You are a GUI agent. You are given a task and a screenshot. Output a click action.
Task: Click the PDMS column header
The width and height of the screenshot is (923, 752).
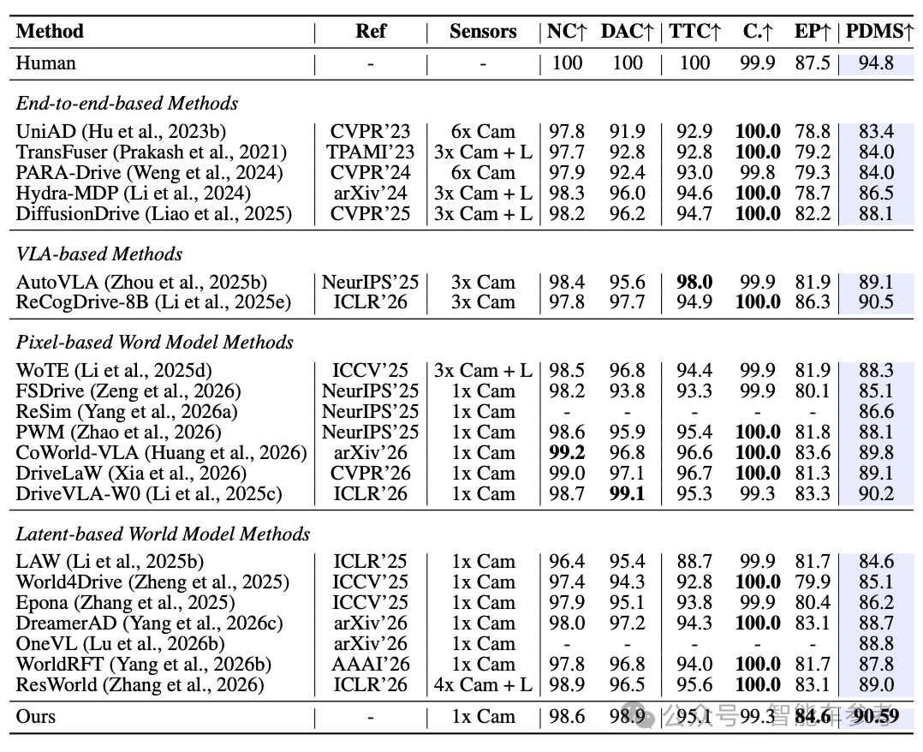[879, 31]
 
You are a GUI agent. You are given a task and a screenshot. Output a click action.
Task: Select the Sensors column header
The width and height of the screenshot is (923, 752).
[483, 31]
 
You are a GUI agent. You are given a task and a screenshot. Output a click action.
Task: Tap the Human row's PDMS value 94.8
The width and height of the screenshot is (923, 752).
[876, 63]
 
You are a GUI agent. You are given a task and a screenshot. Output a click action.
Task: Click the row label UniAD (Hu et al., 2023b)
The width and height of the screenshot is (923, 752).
[121, 131]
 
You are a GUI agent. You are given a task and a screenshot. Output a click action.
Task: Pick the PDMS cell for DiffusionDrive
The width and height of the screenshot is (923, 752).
[876, 213]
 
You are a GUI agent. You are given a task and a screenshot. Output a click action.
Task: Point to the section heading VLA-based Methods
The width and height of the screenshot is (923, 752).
[99, 254]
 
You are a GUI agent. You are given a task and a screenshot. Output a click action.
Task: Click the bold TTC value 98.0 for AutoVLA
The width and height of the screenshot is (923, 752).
[694, 282]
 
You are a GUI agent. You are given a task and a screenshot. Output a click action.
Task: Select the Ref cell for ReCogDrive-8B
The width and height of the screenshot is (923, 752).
[370, 302]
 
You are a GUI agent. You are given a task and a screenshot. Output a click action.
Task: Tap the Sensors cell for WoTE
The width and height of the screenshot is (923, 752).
[483, 370]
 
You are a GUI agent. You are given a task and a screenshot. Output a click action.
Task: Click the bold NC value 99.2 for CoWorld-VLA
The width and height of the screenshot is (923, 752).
[567, 453]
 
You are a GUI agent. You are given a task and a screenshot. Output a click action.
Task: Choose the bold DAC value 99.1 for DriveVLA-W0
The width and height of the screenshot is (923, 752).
[627, 493]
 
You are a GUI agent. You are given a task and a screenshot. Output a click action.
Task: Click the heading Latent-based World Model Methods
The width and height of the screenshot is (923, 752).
[163, 534]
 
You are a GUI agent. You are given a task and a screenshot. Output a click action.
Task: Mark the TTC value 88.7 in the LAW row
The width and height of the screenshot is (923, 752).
[694, 562]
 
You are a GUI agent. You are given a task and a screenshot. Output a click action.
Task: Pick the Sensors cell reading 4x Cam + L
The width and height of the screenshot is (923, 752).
[483, 685]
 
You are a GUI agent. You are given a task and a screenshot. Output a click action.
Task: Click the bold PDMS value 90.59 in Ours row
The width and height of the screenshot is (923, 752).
[876, 717]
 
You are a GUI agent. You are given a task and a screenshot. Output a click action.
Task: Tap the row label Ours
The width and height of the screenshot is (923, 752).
[35, 717]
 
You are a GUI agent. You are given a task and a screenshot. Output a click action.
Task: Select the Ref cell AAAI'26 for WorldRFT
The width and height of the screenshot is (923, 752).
[370, 665]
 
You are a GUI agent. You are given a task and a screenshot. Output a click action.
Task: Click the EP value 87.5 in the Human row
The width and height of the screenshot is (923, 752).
[813, 63]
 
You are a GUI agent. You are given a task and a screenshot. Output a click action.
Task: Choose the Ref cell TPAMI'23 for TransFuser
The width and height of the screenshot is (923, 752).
[370, 152]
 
